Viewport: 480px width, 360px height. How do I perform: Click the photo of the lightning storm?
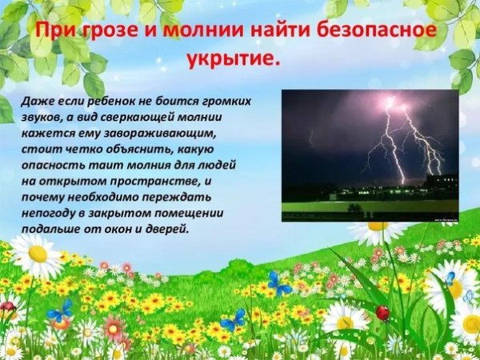coord(370,155)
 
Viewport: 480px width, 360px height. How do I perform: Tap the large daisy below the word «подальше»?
coord(36,255)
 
